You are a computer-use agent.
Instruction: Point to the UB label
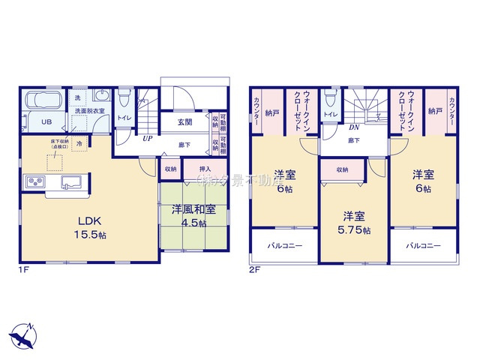click(x=46, y=121)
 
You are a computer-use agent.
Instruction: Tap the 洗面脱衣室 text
click(x=89, y=111)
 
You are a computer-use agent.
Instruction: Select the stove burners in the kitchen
click(x=34, y=181)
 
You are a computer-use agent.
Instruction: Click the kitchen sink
click(x=72, y=181)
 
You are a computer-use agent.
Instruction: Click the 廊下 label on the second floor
click(x=352, y=140)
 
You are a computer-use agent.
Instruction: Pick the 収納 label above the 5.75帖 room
click(x=342, y=170)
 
